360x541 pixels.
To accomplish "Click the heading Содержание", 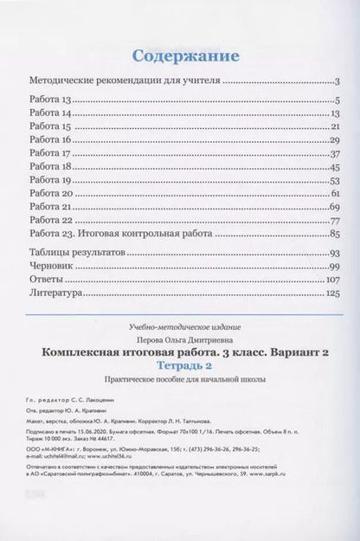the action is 179,56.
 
